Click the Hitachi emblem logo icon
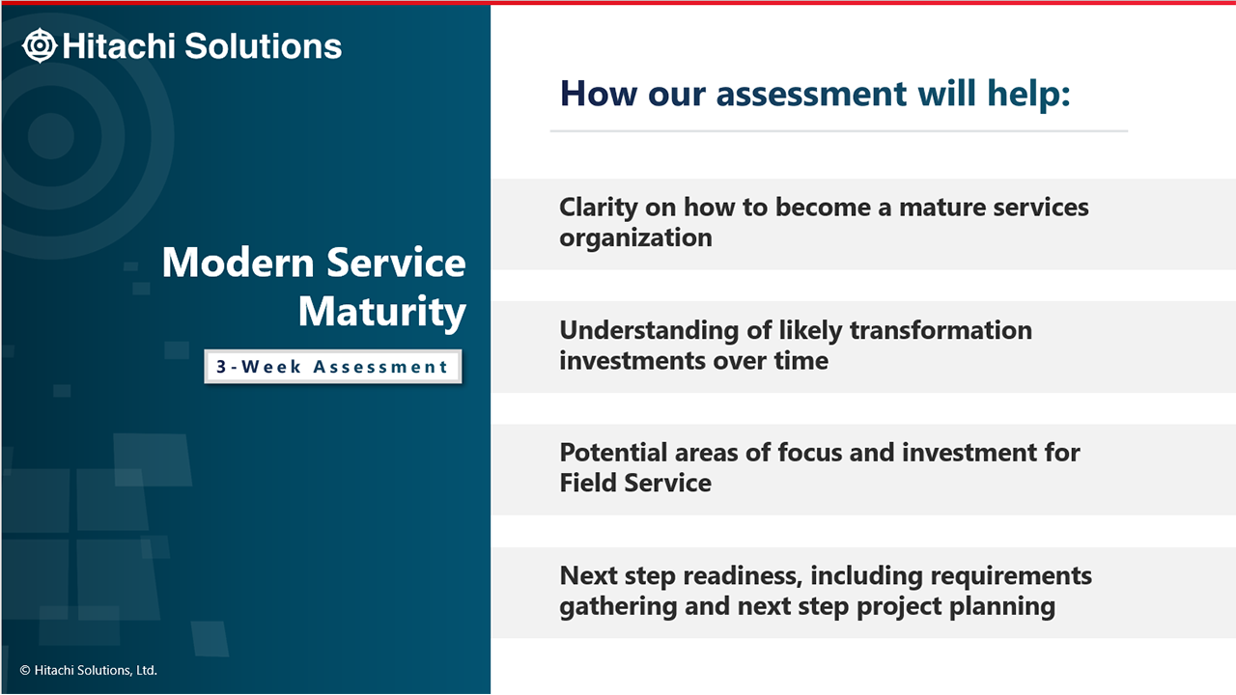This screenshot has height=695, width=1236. (40, 45)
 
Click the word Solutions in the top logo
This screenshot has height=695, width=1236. (264, 45)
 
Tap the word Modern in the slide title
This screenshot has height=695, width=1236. (238, 263)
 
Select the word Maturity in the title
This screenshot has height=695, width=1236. (381, 313)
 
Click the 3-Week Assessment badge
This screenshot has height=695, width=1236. (333, 366)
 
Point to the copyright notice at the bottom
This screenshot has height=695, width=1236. (88, 670)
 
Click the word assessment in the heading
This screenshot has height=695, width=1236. (811, 94)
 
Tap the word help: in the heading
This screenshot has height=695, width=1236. (1029, 94)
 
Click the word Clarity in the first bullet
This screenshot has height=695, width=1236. (599, 208)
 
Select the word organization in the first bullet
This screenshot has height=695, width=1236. (635, 238)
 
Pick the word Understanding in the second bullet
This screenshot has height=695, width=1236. (649, 331)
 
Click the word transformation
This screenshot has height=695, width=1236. (941, 330)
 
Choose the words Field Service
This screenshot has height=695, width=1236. (635, 484)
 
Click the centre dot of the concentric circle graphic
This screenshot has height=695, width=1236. (51, 136)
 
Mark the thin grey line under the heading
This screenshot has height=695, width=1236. (839, 131)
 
